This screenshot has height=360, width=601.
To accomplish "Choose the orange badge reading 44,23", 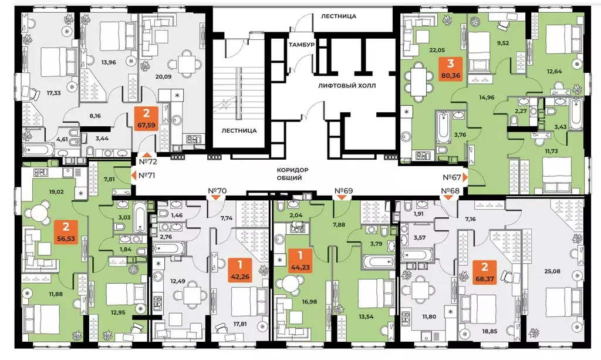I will pyautogui.click(x=300, y=261).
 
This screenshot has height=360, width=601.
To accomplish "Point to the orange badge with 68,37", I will pyautogui.click(x=488, y=274).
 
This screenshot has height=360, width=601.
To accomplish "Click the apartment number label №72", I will pyautogui.click(x=149, y=160).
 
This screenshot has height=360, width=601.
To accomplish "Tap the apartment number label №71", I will pyautogui.click(x=146, y=175).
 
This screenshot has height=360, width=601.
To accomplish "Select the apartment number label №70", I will pyautogui.click(x=218, y=191).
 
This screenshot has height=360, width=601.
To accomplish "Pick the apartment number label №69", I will pyautogui.click(x=343, y=191).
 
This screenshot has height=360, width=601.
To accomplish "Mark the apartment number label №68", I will pyautogui.click(x=451, y=191).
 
